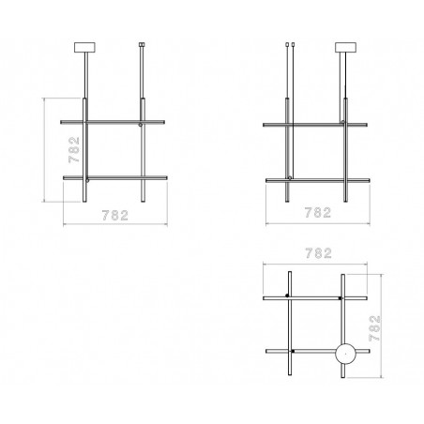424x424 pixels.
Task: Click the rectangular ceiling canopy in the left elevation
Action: [84, 47]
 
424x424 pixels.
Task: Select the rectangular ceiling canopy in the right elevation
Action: [345, 47]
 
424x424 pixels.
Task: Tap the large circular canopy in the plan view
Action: [345, 354]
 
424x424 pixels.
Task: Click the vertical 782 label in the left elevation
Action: [74, 150]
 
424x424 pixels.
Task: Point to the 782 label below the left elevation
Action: [115, 216]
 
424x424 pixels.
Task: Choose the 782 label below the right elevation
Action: [318, 213]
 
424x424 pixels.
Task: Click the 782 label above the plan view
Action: [318, 253]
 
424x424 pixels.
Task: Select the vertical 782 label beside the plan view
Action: [374, 328]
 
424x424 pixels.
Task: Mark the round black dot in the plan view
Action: [287, 295]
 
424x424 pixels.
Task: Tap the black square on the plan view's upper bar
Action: [340, 298]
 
